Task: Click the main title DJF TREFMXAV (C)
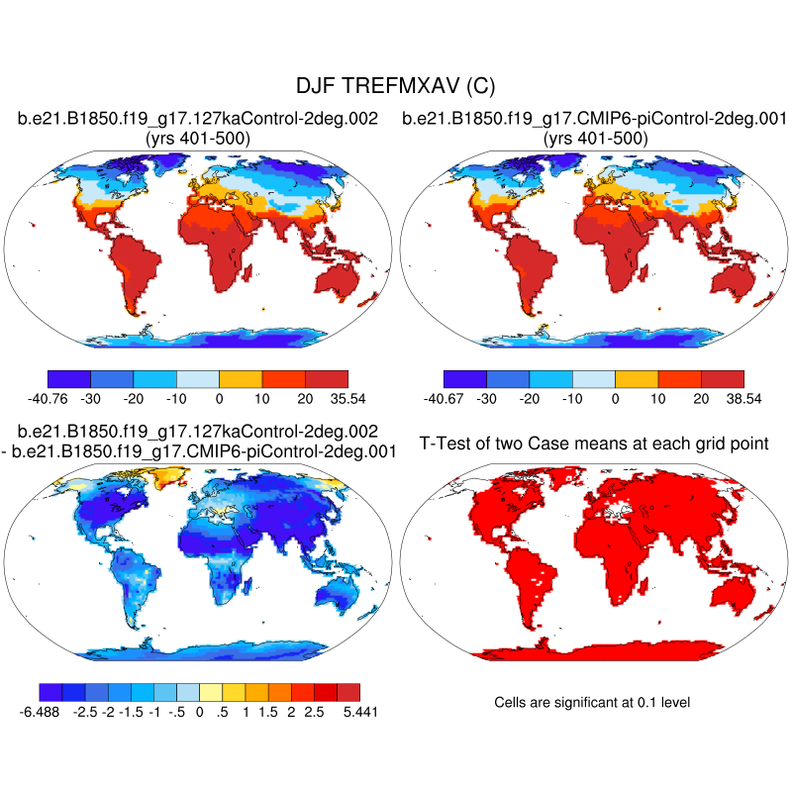point(396,87)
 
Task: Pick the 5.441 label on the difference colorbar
point(358,712)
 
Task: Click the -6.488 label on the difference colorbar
point(40,712)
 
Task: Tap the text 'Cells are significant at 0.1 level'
point(592,702)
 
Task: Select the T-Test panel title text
point(594,443)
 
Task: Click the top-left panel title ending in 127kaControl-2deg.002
point(198,120)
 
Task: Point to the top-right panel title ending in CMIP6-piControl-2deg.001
point(594,120)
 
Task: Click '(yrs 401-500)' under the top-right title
point(595,139)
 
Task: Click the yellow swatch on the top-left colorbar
point(241,379)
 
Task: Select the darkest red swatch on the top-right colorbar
point(722,379)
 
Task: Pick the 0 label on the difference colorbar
point(199,712)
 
